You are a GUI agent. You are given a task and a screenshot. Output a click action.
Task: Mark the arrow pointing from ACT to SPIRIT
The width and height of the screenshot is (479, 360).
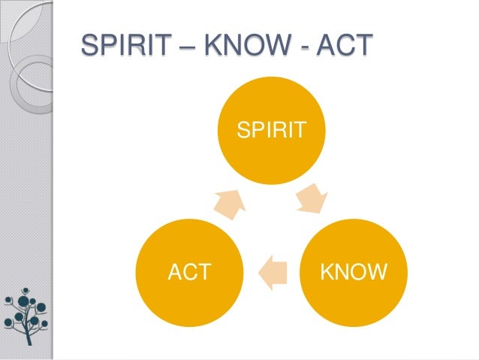coord(230,199)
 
